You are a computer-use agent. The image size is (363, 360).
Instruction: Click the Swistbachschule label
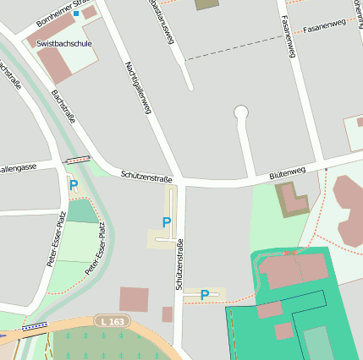point(63,42)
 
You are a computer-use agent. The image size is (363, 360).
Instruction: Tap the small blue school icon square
point(75,14)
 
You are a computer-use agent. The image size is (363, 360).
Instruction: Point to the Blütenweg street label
point(287,172)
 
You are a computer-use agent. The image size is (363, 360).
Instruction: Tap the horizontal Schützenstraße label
point(146,176)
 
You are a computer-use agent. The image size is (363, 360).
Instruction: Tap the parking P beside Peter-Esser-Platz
point(74,185)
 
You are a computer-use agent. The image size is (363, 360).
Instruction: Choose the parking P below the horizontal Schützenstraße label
point(167,222)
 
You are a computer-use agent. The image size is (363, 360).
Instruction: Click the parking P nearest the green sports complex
point(205,295)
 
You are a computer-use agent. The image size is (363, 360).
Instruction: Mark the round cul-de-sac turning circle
point(241,112)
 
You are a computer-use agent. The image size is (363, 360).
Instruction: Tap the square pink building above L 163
point(134,299)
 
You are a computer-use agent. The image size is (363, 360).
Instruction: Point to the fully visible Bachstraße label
point(63,106)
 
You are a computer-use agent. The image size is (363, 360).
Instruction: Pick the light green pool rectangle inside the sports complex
point(317,342)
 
